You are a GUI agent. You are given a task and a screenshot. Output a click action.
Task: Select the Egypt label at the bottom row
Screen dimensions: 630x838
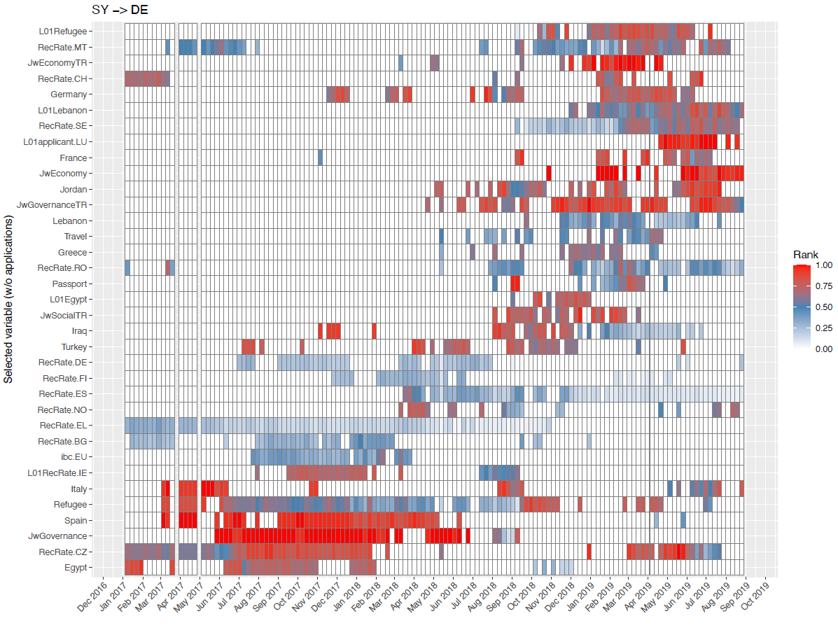click(76, 568)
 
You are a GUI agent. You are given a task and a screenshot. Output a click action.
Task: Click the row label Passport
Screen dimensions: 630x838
click(70, 284)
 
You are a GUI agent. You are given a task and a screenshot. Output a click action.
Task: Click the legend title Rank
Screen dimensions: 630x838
click(805, 255)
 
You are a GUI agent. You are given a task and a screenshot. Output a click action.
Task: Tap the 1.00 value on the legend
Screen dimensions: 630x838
click(825, 265)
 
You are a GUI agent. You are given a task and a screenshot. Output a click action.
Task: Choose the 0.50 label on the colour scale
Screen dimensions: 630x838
click(825, 307)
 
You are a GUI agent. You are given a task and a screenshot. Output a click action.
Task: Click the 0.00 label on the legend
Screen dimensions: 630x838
click(825, 348)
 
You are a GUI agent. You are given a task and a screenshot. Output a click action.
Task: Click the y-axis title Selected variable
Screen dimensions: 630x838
click(9, 300)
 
